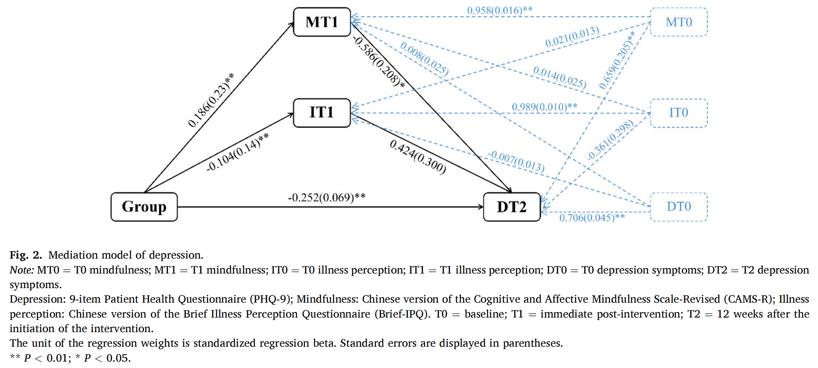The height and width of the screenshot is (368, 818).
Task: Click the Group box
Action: point(144,207)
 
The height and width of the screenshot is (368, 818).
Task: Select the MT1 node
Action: point(322,22)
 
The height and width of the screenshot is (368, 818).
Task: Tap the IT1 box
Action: point(322,113)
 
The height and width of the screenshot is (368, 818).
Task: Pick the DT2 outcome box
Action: point(512,207)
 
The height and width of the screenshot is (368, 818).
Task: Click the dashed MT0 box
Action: point(679,22)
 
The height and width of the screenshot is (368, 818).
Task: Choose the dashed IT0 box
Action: point(679,113)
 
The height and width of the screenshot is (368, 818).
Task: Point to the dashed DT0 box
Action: point(679,207)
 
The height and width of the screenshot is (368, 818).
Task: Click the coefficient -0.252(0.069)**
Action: point(326,197)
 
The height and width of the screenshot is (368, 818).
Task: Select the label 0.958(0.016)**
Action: point(500,10)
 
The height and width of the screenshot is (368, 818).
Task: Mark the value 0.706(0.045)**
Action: point(592,217)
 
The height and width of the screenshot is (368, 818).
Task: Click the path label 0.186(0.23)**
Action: point(211,100)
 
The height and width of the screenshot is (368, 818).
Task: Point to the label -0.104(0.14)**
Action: point(238,152)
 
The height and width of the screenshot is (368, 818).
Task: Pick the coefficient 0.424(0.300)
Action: point(418,157)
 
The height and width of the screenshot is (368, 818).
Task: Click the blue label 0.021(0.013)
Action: point(572,37)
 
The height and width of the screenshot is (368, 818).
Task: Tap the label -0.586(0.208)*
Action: point(379,62)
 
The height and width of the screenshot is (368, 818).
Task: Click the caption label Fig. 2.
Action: point(26,255)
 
